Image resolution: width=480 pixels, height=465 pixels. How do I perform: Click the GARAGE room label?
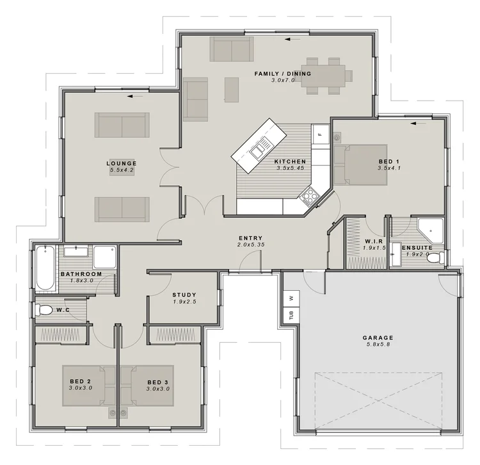pyautogui.click(x=378, y=338)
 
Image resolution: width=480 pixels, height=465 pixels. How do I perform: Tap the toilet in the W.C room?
pyautogui.click(x=44, y=310)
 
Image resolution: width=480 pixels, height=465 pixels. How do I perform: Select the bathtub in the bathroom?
pyautogui.click(x=45, y=268)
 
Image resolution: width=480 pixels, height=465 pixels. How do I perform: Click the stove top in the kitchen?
pyautogui.click(x=308, y=195)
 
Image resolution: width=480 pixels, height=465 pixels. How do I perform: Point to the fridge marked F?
pyautogui.click(x=321, y=134)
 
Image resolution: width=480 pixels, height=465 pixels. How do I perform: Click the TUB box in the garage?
pyautogui.click(x=291, y=314)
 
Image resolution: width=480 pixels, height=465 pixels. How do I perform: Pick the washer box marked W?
pyautogui.click(x=291, y=298)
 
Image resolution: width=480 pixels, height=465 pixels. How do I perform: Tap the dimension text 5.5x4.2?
pyautogui.click(x=122, y=170)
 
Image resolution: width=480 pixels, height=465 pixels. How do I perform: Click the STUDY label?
pyautogui.click(x=184, y=295)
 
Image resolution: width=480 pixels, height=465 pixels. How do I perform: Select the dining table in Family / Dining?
pyautogui.click(x=323, y=76)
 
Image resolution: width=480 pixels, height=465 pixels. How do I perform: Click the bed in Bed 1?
pyautogui.click(x=360, y=165)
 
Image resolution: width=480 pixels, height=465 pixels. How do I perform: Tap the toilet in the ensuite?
pyautogui.click(x=435, y=257)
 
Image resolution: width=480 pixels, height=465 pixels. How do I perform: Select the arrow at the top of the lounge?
pyautogui.click(x=135, y=97)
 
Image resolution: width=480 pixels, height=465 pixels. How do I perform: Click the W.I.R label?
pyautogui.click(x=374, y=241)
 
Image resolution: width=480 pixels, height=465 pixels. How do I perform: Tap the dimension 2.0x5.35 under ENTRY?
pyautogui.click(x=251, y=245)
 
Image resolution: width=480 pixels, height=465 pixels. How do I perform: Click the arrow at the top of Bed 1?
pyautogui.click(x=418, y=124)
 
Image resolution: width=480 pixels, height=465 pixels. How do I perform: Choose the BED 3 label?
pyautogui.click(x=158, y=382)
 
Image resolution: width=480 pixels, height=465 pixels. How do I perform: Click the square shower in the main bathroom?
pyautogui.click(x=105, y=257)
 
